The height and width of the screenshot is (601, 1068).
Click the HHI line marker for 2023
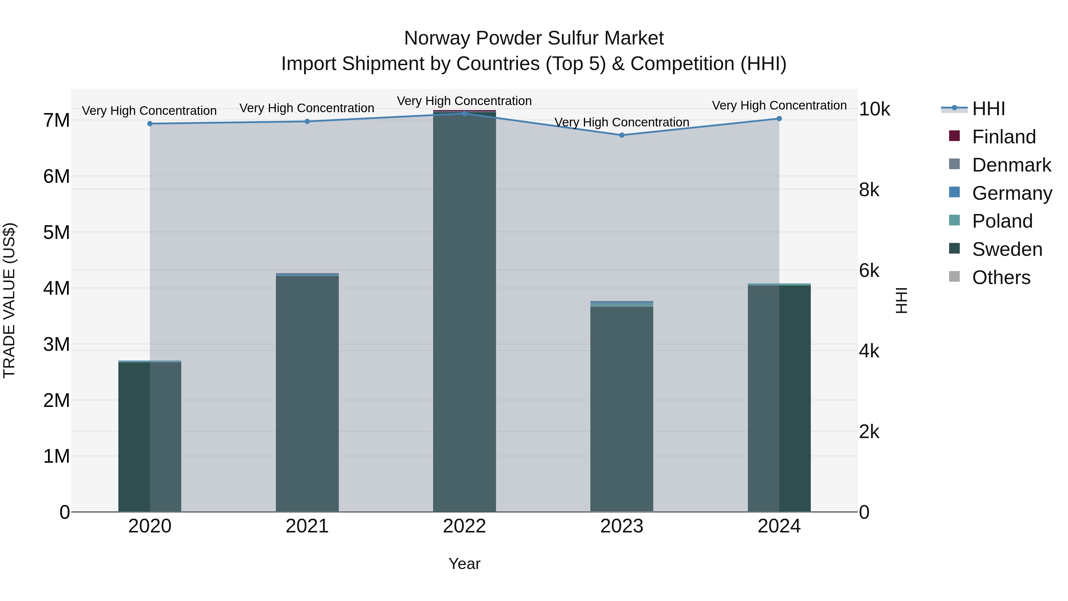point(622,135)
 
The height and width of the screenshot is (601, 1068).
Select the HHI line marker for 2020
point(150,123)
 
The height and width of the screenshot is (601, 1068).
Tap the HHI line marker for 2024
point(779,119)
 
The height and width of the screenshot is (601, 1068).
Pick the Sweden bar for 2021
point(307,394)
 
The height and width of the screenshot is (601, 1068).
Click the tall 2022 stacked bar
point(464,311)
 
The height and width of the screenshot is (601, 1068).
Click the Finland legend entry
point(1003,137)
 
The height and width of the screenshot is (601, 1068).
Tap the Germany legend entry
point(1012,193)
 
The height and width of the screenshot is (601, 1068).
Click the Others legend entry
point(1001,277)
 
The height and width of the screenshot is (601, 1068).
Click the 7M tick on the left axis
point(57,121)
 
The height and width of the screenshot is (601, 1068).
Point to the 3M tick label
point(57,345)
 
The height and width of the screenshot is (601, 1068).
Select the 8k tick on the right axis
point(869,190)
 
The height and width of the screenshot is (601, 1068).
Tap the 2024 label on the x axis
point(779,526)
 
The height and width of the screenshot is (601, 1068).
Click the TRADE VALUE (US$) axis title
point(9,300)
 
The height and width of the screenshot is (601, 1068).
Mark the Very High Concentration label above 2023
point(622,122)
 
